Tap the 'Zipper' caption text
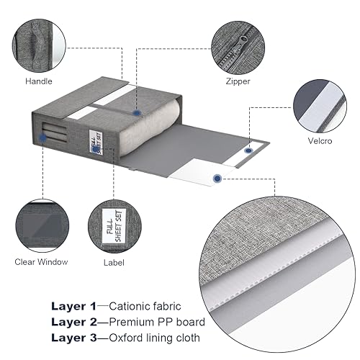pos(237,81)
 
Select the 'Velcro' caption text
pos(320,140)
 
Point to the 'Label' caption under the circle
pos(114,262)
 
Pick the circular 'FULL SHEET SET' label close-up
pos(114,224)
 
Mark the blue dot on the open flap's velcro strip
pos(248,150)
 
